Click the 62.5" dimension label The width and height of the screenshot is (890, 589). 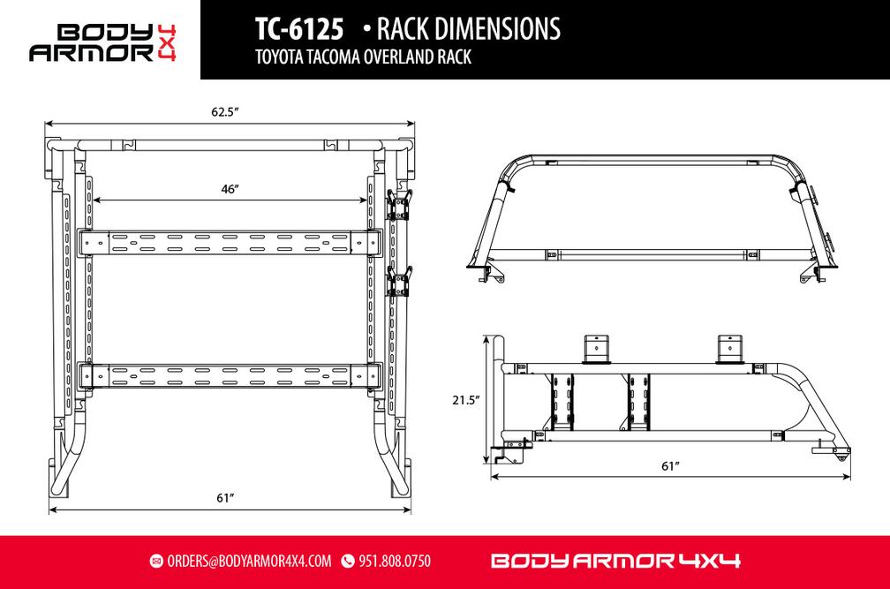(226, 112)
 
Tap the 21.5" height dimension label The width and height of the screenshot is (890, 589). (464, 400)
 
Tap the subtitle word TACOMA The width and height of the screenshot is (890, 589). (339, 58)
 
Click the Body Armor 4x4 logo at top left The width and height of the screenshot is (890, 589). (102, 42)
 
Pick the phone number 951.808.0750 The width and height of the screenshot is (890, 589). (394, 562)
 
